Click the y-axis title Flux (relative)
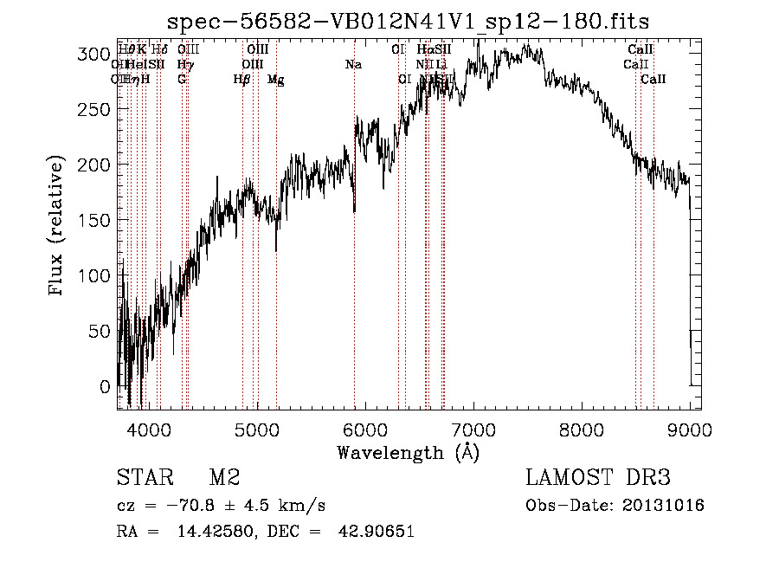[x=58, y=226]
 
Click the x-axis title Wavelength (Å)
[x=408, y=452]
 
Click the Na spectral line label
[x=353, y=64]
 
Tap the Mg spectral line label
[x=275, y=80]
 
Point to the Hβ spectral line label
[x=242, y=80]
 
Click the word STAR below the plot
[x=142, y=478]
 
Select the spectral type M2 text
[x=223, y=478]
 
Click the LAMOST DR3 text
[x=598, y=478]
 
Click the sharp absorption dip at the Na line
[x=354, y=210]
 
